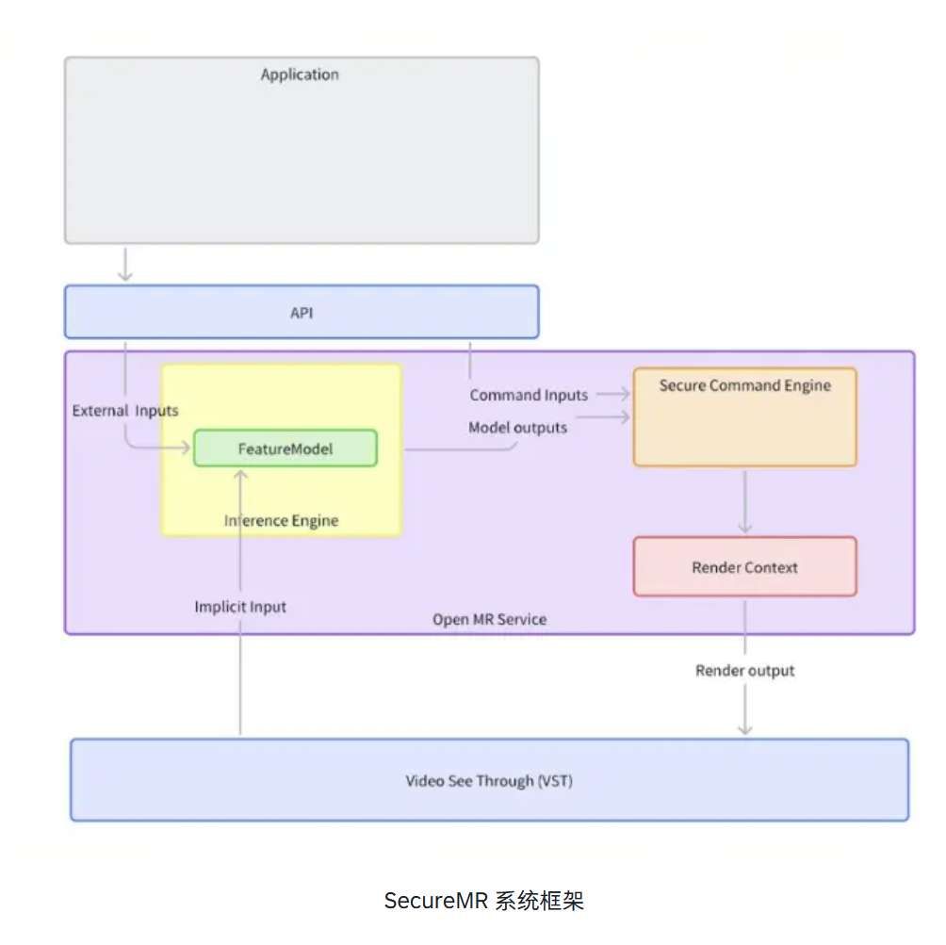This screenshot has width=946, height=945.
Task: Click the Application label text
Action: coord(300,74)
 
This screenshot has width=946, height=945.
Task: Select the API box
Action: coord(302,312)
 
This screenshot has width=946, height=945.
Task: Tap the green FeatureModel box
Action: coord(285,448)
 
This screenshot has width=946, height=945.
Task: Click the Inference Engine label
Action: coord(281,521)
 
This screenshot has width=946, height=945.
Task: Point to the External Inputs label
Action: coord(125,411)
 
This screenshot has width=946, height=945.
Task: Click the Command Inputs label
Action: coord(529,396)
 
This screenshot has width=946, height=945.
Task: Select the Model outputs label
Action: coord(517,428)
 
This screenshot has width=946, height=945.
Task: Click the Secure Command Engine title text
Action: coord(744,385)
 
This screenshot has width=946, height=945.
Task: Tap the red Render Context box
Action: coord(744,567)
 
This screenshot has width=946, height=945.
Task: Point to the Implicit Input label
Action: coord(240,607)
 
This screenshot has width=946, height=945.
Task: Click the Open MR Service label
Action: coord(489,619)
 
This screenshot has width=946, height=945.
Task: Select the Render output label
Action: coord(744,671)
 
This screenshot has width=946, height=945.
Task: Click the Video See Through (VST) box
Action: coord(489,780)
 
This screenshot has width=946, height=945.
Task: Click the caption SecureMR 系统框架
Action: coord(483,901)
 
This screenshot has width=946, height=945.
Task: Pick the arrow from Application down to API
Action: coord(125,264)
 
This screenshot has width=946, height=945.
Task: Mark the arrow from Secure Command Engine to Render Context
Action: coord(744,501)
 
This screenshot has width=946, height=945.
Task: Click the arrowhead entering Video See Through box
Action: coord(744,728)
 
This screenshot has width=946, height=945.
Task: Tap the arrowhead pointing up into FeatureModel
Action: coord(240,473)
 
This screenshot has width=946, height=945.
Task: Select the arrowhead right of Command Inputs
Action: coord(625,395)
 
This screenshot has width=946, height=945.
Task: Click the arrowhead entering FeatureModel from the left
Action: coord(187,448)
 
